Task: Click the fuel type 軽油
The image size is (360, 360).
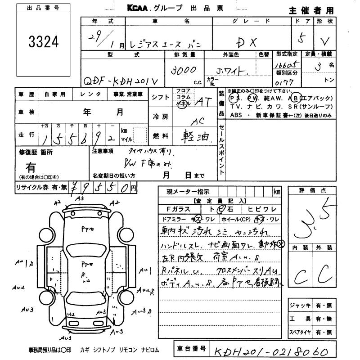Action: pos(198,136)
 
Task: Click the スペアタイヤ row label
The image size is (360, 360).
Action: pos(301,333)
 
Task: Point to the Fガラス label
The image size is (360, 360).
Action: pos(178,209)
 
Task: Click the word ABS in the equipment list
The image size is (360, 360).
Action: pos(236,116)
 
